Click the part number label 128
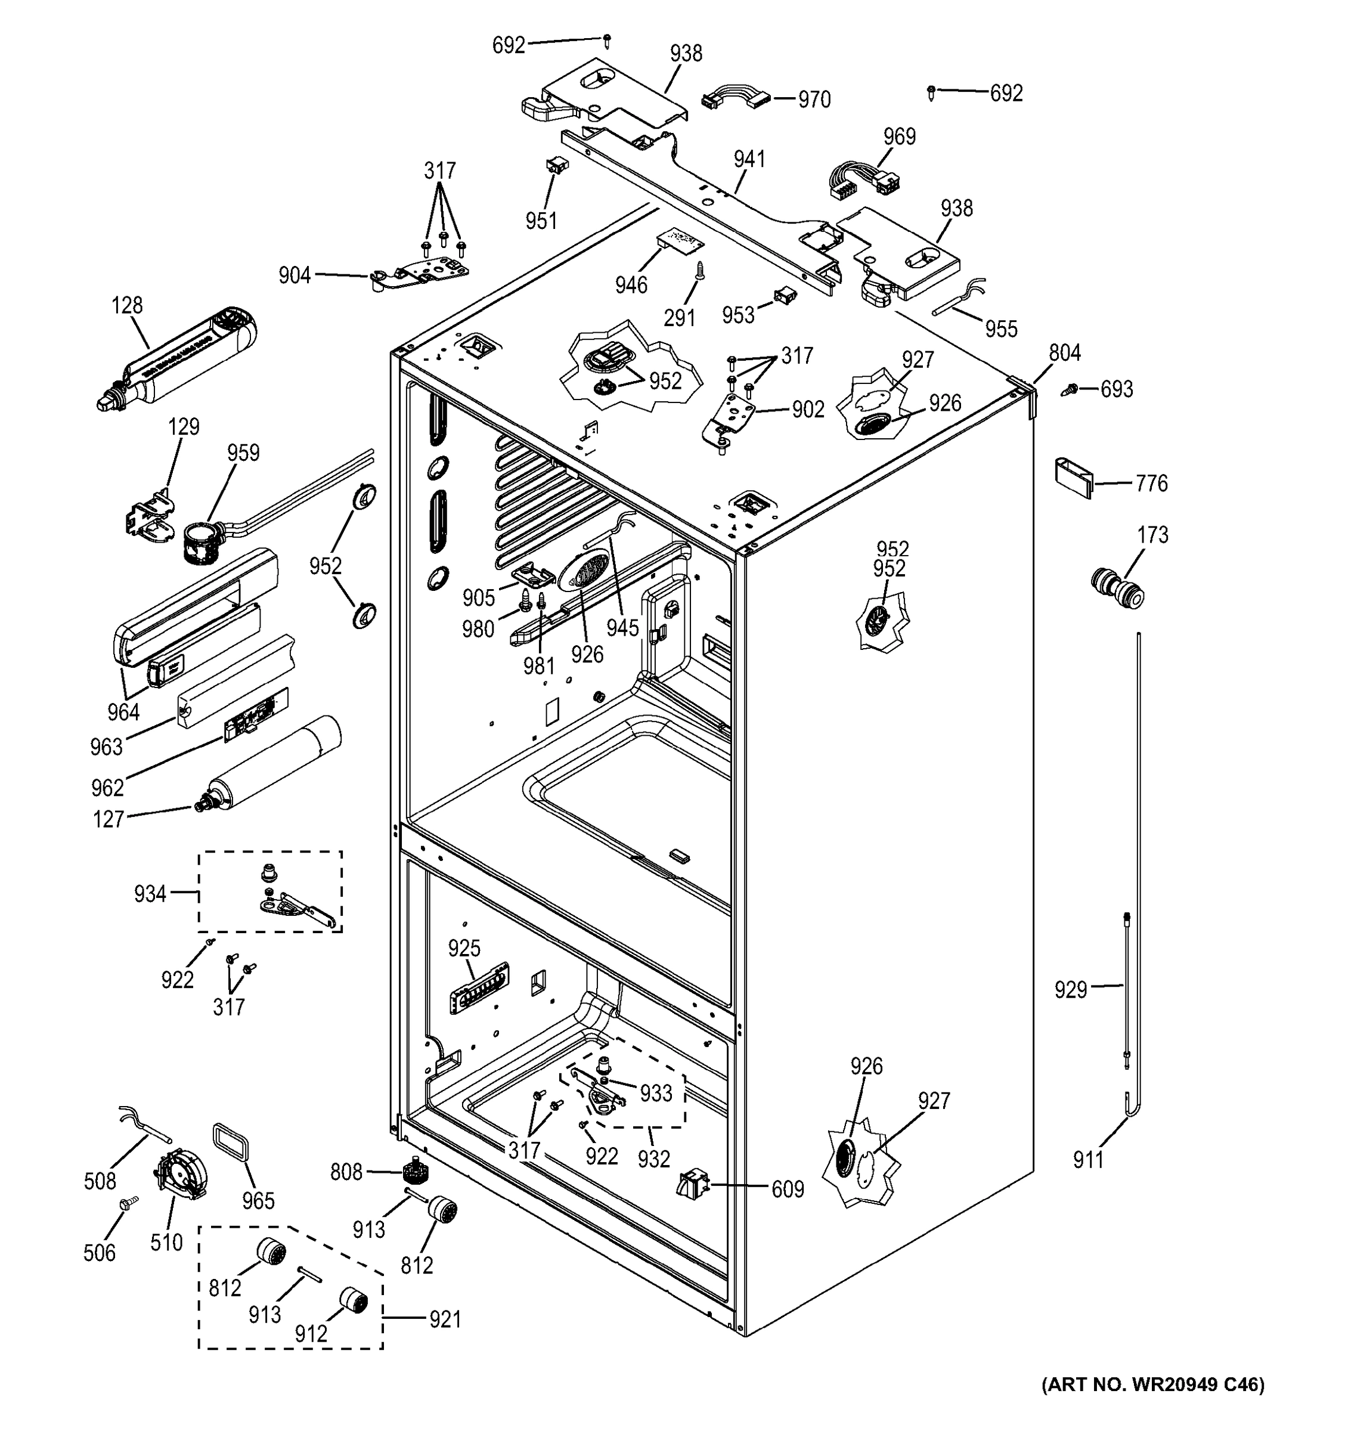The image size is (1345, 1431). pyautogui.click(x=126, y=305)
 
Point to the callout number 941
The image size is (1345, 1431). pyautogui.click(x=749, y=159)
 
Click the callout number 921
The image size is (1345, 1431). pyautogui.click(x=444, y=1319)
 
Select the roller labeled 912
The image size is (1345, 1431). pyautogui.click(x=352, y=1300)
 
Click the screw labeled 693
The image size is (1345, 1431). pyautogui.click(x=1070, y=389)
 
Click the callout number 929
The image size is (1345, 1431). pyautogui.click(x=1070, y=989)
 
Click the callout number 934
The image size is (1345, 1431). pyautogui.click(x=150, y=893)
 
